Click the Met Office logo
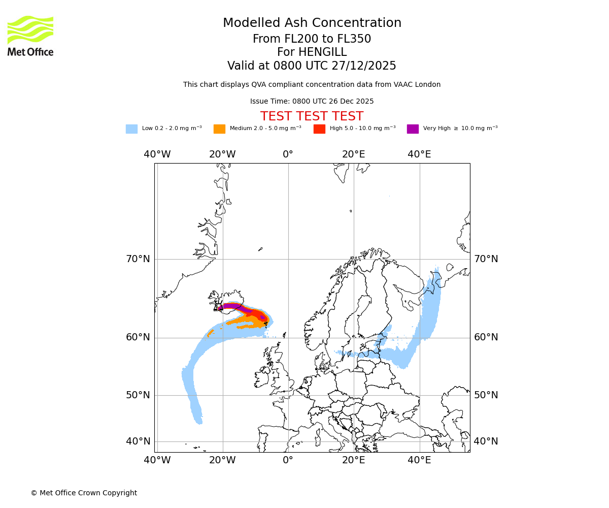click(x=30, y=36)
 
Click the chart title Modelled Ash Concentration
click(x=312, y=23)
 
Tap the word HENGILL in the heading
click(x=322, y=52)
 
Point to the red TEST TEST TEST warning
click(x=312, y=116)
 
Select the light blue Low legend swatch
click(x=131, y=129)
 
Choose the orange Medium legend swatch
click(x=219, y=129)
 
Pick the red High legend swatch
click(x=319, y=129)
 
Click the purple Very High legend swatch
click(x=413, y=129)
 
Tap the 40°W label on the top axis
click(x=157, y=154)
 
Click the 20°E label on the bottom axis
click(x=353, y=460)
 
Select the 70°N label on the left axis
click(x=138, y=259)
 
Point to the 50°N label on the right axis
click(x=486, y=395)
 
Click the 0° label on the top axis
click(x=288, y=154)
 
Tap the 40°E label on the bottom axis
click(x=419, y=460)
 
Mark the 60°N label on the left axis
click(x=138, y=337)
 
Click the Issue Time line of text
click(x=312, y=101)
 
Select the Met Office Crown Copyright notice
click(x=84, y=493)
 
